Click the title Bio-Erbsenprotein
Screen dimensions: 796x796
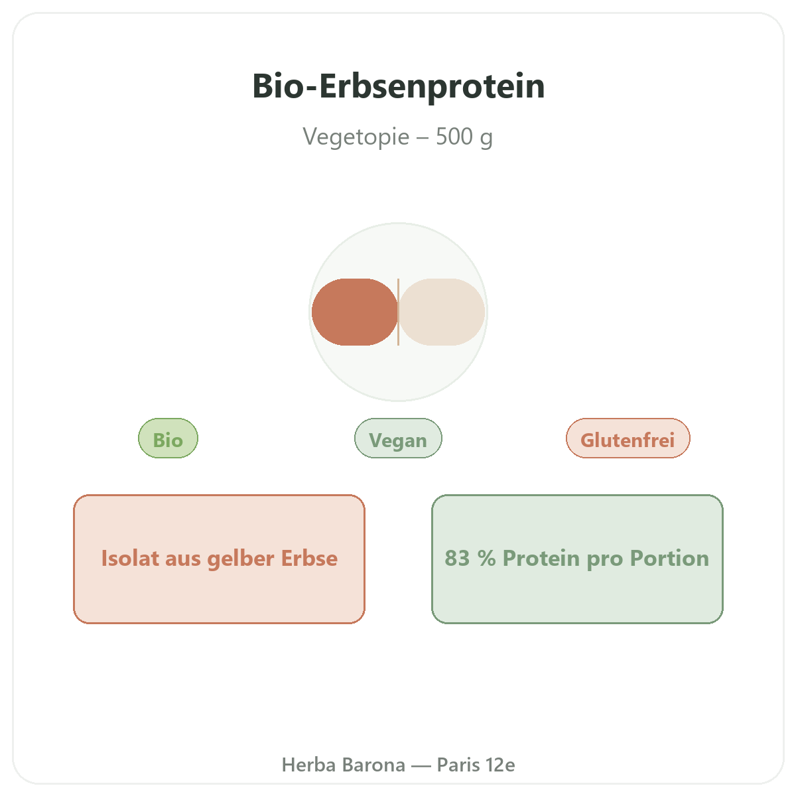(x=398, y=86)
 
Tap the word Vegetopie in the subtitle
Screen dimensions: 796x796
(x=356, y=137)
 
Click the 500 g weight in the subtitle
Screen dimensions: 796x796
(x=464, y=137)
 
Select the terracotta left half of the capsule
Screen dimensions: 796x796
(x=354, y=312)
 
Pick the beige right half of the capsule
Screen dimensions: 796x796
(x=442, y=312)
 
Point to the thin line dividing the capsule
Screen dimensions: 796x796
(x=398, y=312)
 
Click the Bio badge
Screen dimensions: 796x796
(x=168, y=438)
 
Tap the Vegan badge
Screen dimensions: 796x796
(x=398, y=438)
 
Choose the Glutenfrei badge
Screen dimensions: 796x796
(x=628, y=438)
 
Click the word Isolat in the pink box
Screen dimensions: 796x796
(x=130, y=558)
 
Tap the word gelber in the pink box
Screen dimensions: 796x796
(x=240, y=559)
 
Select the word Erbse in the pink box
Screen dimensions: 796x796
(x=309, y=558)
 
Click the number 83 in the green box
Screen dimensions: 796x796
(x=457, y=558)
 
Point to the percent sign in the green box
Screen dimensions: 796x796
(x=487, y=558)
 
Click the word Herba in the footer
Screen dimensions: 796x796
(x=308, y=765)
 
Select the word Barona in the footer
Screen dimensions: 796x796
(x=374, y=765)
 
